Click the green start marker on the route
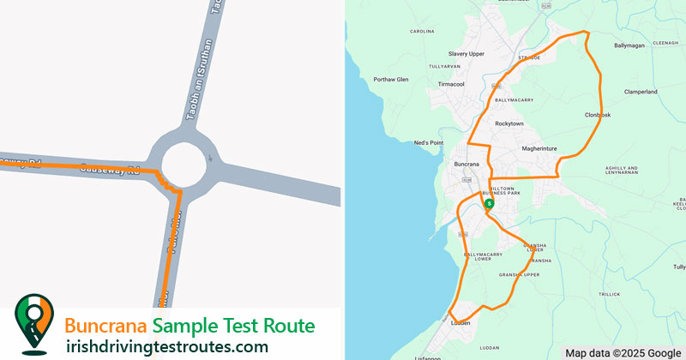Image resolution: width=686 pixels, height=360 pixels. tap(488, 204)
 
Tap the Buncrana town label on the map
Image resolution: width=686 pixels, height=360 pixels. tap(466, 163)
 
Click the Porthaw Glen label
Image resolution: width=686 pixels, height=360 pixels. tap(391, 80)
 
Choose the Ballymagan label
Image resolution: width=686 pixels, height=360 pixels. tap(629, 45)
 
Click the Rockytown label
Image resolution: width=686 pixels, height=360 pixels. tap(509, 123)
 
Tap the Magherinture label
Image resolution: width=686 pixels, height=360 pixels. tap(539, 148)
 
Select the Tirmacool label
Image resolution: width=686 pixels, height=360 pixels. tap(451, 84)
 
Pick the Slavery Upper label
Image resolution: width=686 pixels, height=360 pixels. tap(466, 54)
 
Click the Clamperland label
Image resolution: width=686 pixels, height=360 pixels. tap(641, 92)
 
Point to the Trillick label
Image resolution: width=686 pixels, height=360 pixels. tap(609, 294)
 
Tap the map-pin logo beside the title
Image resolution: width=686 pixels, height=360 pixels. tap(33, 324)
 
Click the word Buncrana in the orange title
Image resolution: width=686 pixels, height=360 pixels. tap(106, 327)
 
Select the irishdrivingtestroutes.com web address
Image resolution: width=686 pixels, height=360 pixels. tap(167, 346)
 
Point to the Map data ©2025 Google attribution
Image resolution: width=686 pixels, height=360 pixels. tap(623, 352)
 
